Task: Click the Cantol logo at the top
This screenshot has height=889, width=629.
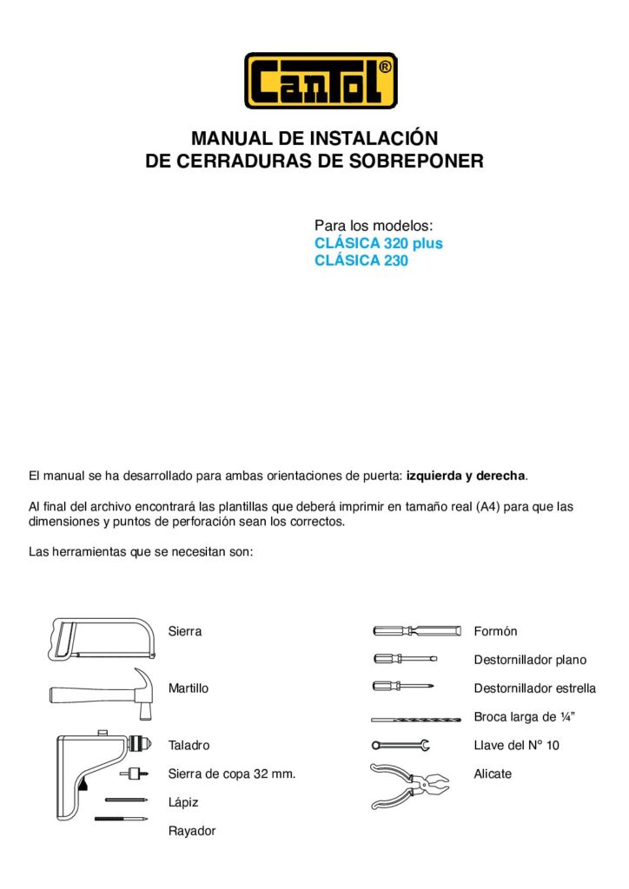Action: [321, 80]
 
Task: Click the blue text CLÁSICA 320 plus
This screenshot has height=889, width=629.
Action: [378, 243]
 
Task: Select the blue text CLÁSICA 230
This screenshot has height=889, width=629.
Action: [361, 260]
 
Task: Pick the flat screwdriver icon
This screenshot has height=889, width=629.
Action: [405, 659]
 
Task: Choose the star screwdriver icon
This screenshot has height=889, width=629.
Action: [404, 688]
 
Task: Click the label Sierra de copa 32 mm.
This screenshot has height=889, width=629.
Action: [232, 774]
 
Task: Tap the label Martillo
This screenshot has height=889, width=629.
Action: [189, 688]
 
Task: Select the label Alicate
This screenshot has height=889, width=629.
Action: [493, 774]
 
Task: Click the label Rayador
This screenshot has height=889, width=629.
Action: [192, 831]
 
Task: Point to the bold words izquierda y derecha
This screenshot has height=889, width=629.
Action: [467, 476]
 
